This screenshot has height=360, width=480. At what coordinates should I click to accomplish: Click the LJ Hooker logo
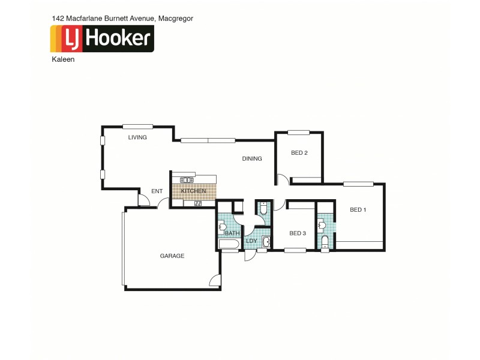point(102,38)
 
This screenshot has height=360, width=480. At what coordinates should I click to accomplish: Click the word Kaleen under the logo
point(63,60)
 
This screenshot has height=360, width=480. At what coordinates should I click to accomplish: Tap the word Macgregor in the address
point(175,19)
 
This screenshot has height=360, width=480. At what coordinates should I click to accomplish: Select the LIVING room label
point(137,137)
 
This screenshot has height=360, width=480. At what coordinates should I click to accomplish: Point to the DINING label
point(252,159)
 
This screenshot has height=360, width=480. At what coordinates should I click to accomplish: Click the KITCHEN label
point(193,191)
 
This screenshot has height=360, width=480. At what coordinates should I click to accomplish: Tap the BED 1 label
point(358,209)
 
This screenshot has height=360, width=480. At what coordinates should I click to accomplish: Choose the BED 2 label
point(299,153)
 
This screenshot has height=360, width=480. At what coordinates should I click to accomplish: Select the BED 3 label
point(298,233)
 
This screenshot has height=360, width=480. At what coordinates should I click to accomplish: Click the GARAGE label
point(172,256)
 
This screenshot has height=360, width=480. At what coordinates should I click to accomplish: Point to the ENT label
point(157,191)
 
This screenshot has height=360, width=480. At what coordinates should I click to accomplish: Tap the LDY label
point(251,241)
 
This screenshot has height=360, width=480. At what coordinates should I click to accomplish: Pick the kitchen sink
point(197,204)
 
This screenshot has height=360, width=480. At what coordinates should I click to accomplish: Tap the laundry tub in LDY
point(266,242)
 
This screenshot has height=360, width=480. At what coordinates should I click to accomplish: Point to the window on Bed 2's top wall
point(298,133)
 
